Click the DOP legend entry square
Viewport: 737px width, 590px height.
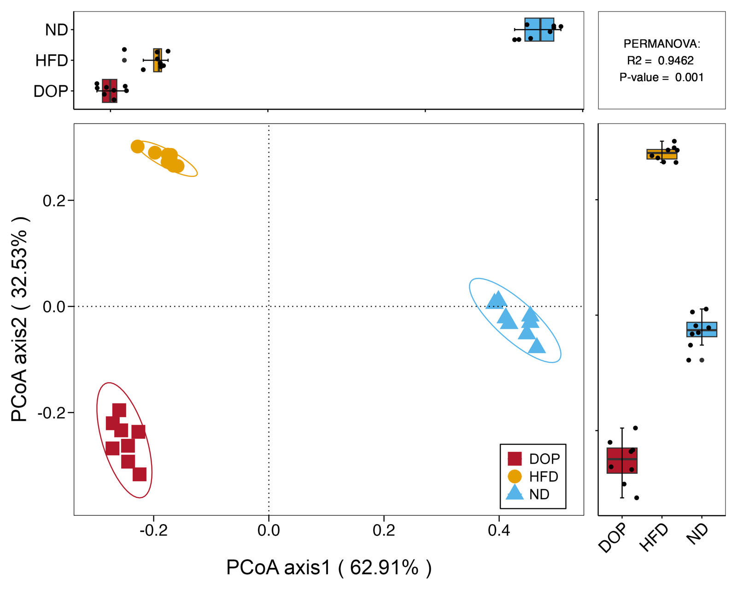click(x=515, y=459)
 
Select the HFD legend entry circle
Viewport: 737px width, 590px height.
click(x=515, y=477)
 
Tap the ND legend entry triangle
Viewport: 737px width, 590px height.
click(x=515, y=492)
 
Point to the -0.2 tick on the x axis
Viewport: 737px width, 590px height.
click(x=153, y=517)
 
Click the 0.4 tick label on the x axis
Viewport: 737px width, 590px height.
click(x=499, y=531)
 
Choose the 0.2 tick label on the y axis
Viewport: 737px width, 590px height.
click(x=54, y=201)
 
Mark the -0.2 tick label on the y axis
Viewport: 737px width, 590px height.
click(x=51, y=413)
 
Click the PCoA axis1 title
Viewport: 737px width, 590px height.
click(x=329, y=568)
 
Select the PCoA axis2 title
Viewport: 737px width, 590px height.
click(x=20, y=319)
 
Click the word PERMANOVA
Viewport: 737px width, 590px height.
click(x=661, y=44)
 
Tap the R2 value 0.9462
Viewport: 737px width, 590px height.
click(x=676, y=61)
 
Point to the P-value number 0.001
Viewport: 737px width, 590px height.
click(x=690, y=77)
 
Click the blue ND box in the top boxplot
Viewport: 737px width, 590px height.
click(x=539, y=29)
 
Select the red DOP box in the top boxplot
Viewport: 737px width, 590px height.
click(x=110, y=91)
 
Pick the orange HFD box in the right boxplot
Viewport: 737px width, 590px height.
click(x=662, y=154)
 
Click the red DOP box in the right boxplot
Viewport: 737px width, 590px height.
click(x=622, y=460)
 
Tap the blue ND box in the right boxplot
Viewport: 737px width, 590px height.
click(x=702, y=330)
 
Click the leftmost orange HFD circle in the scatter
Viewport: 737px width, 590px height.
click(x=137, y=147)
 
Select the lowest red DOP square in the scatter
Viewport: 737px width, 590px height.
click(x=140, y=474)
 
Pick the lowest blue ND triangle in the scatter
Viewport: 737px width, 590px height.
click(x=537, y=346)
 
